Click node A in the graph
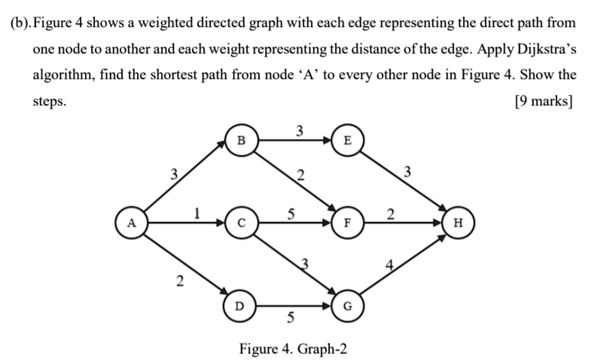click(x=131, y=222)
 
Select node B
click(x=242, y=140)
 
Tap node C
click(x=242, y=222)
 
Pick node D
click(x=239, y=306)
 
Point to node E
click(x=347, y=140)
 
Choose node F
click(x=347, y=222)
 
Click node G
click(x=347, y=306)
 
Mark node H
click(x=458, y=222)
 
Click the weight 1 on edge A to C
click(x=196, y=213)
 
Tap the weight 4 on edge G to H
click(x=389, y=265)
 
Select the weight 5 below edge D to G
click(x=290, y=317)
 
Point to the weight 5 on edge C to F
click(x=291, y=214)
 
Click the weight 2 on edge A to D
click(x=180, y=281)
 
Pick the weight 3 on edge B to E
click(x=300, y=131)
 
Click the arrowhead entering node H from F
click(x=438, y=222)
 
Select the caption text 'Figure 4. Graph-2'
click(x=293, y=348)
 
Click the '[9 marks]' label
click(x=544, y=101)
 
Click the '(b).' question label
click(x=21, y=23)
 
